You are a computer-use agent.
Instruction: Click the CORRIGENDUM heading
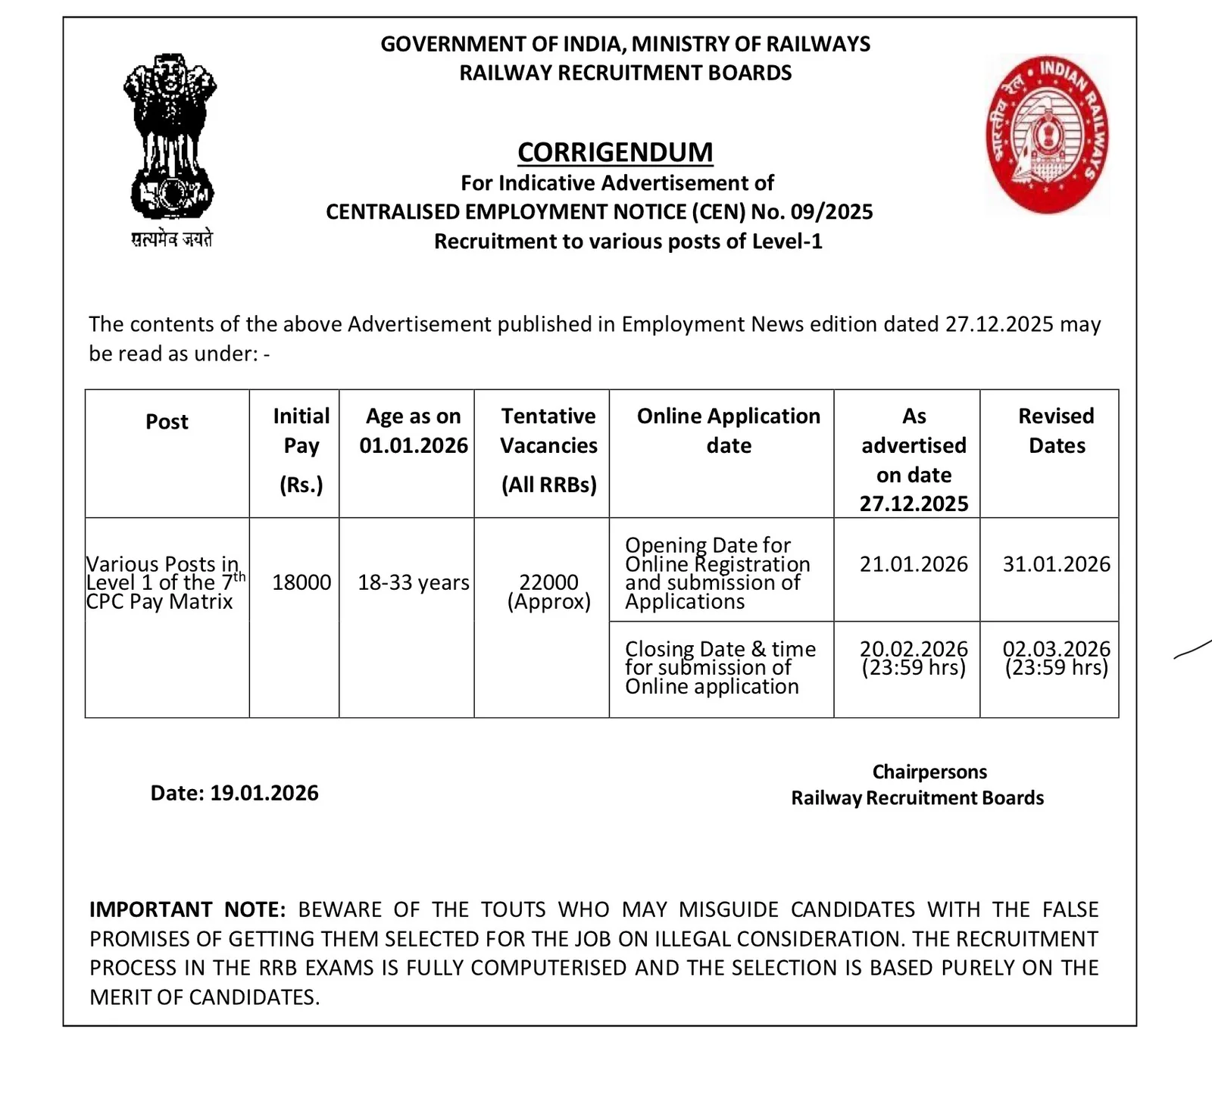pos(615,152)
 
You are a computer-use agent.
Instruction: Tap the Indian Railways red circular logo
pos(1046,134)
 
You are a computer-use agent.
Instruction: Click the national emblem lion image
pos(170,136)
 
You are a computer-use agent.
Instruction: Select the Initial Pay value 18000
pos(301,582)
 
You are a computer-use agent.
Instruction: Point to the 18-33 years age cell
pos(414,582)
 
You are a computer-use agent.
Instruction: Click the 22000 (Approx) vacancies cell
pos(548,591)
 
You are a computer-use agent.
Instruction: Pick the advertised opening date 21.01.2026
pos(914,564)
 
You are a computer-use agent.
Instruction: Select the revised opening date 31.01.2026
pos(1056,564)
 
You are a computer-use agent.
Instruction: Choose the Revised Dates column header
pos(1056,430)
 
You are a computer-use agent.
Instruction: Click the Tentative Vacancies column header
pos(548,449)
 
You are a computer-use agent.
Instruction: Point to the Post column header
pos(167,422)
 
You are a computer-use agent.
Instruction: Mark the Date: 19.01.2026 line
pos(234,793)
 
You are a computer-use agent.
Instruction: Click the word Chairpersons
pos(929,772)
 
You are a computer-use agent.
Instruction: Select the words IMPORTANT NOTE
pos(187,909)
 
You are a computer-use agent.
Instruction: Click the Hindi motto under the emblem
pos(172,240)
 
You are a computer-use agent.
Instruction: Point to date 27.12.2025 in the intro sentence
pos(998,324)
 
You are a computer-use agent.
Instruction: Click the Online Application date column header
pos(728,430)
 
